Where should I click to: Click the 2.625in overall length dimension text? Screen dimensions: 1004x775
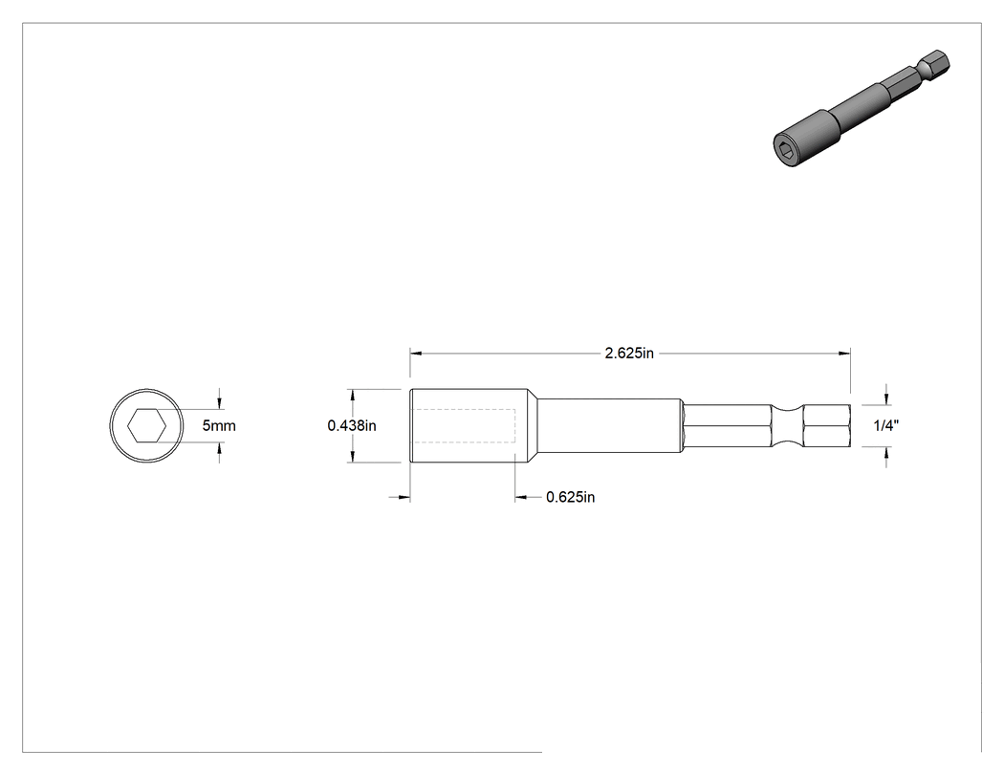[629, 354]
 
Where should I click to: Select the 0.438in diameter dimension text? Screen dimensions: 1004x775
[352, 425]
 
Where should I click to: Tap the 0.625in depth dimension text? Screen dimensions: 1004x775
[570, 497]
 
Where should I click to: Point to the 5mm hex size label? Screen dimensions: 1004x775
[219, 425]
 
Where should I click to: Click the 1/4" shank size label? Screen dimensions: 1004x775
[886, 425]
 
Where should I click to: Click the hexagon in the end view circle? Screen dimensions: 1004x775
[146, 425]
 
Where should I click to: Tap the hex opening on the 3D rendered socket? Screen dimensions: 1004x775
[786, 151]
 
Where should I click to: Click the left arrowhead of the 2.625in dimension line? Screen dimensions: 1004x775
[416, 353]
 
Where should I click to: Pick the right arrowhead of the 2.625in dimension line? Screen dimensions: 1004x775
[845, 353]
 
